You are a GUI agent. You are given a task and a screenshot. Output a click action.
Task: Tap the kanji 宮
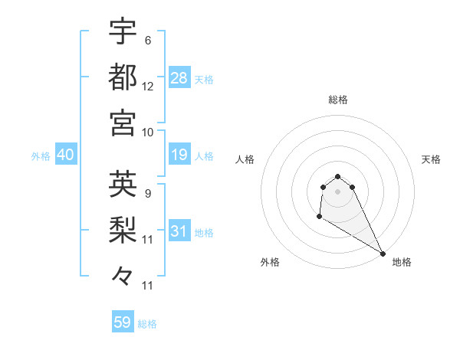coord(123,123)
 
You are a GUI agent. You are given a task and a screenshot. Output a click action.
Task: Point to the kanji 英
coord(123,184)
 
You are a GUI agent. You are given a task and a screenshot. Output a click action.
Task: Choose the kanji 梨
coord(123,228)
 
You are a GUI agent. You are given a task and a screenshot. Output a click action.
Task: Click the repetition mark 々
coord(123,274)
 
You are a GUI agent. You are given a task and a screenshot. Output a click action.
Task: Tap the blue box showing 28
coord(179,78)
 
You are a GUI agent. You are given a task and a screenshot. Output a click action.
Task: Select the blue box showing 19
coord(179,155)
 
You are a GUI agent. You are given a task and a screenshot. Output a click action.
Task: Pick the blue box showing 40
coord(65,155)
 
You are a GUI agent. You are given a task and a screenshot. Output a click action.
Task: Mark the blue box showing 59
coord(123,322)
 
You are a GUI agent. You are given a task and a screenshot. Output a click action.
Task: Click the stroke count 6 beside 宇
coord(148,41)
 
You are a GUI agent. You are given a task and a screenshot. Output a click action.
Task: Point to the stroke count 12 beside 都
coord(148,87)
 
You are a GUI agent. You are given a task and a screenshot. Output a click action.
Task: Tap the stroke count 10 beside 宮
coord(148,132)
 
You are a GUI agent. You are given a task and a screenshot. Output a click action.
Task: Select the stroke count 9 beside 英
coord(148,193)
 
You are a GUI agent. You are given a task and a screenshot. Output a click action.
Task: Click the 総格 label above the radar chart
coord(338,100)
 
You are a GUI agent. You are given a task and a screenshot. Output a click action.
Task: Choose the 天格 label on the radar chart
coord(432,159)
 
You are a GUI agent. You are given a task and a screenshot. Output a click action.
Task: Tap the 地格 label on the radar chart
coord(402,262)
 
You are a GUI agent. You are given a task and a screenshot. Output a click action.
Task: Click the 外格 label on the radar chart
coord(270,262)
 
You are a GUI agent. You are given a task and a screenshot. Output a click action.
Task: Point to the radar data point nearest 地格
coord(383,254)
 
